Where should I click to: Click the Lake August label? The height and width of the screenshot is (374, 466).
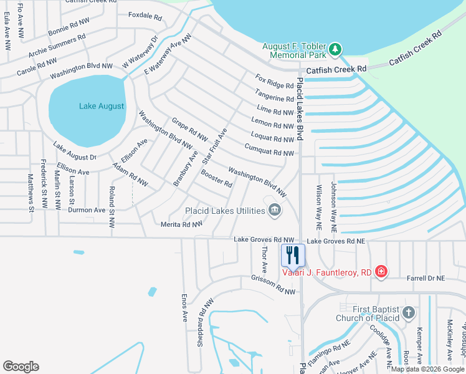(102, 106)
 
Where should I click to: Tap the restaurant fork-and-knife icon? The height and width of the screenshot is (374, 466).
(292, 254)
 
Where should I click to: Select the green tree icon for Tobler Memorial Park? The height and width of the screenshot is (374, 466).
(335, 49)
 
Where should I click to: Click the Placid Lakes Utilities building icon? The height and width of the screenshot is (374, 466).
(274, 211)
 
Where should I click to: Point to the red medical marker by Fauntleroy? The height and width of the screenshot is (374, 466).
(381, 272)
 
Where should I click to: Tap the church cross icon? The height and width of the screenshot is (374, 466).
(409, 312)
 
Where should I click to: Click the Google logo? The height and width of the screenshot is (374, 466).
(21, 367)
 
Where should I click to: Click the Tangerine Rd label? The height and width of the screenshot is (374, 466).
(275, 95)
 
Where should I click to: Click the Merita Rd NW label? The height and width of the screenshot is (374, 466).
(182, 224)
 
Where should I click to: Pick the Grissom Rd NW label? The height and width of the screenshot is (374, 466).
(272, 284)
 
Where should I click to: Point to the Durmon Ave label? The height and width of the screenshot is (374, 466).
(87, 211)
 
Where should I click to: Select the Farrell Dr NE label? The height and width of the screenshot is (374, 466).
(426, 278)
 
